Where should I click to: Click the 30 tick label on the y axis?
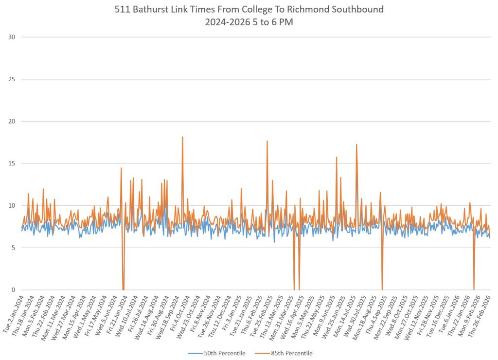(x=11, y=37)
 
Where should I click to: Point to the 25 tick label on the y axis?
(x=11, y=79)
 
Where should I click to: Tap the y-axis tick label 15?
(x=11, y=163)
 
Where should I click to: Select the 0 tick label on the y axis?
(x=13, y=290)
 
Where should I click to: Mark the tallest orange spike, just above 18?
(x=182, y=137)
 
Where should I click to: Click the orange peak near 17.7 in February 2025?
(x=267, y=141)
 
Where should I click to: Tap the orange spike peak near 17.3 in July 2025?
(x=356, y=144)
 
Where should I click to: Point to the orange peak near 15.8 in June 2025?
(x=337, y=157)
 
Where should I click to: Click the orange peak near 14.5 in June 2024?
(x=121, y=168)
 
